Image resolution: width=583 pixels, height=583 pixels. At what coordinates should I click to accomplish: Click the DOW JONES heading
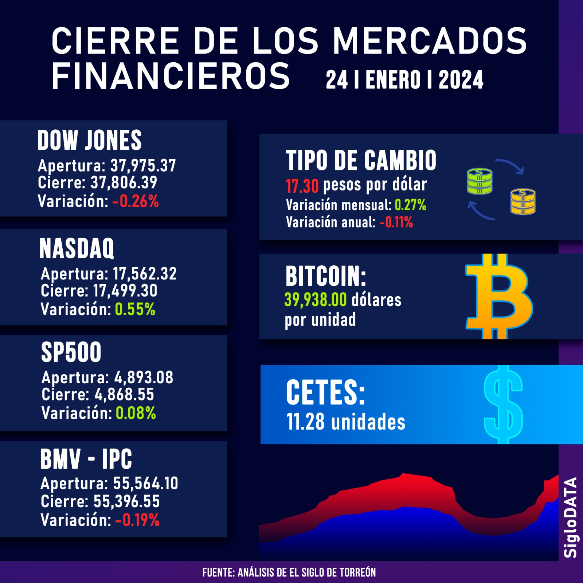(89, 140)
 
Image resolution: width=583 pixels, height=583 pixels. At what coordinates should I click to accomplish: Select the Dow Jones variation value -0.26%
(136, 201)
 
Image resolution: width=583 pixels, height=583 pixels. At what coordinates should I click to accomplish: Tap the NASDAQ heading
(77, 249)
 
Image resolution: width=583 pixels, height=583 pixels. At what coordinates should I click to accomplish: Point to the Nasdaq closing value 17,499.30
(125, 291)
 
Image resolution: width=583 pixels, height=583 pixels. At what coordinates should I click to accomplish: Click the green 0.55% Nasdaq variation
(135, 309)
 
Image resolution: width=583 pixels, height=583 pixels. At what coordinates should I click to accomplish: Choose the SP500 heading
(71, 352)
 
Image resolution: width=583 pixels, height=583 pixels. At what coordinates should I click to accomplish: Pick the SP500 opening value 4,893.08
(144, 377)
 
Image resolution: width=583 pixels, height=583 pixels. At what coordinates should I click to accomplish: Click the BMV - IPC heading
(86, 459)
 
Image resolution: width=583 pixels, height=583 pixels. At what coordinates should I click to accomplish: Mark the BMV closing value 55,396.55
(126, 501)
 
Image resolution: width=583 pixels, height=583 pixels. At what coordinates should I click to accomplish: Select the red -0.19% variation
(137, 520)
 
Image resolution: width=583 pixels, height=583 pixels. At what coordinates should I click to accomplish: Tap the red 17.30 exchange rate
(302, 186)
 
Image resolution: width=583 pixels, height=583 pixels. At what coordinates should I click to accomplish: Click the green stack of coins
(480, 181)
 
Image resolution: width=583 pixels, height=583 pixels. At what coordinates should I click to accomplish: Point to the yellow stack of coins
(523, 201)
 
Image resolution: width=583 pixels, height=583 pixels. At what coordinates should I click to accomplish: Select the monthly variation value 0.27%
(410, 205)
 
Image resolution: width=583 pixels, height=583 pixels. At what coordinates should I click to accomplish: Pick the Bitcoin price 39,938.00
(316, 300)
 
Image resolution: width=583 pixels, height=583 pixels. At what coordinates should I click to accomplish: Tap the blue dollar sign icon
(503, 404)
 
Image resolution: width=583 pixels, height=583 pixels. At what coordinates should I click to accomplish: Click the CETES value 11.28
(305, 422)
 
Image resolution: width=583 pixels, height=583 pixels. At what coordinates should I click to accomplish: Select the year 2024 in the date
(461, 80)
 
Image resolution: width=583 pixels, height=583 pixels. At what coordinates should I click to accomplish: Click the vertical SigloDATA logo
(571, 517)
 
